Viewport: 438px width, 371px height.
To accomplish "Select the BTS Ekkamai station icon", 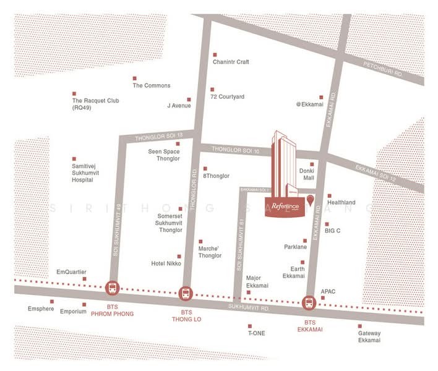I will pos(309,303).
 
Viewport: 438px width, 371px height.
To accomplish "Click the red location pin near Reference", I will pos(309,200).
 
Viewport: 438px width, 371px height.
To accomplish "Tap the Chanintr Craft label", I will pos(230,62).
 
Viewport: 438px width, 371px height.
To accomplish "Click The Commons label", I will pos(151,86).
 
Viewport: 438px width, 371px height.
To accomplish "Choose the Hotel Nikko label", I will pos(165,263).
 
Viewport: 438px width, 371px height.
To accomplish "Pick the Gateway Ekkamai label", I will pos(369,337).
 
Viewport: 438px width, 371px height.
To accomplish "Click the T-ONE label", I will pos(256,333).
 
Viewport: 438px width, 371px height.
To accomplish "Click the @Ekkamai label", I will pos(310,104).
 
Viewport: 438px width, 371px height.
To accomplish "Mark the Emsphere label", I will pos(41,309).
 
